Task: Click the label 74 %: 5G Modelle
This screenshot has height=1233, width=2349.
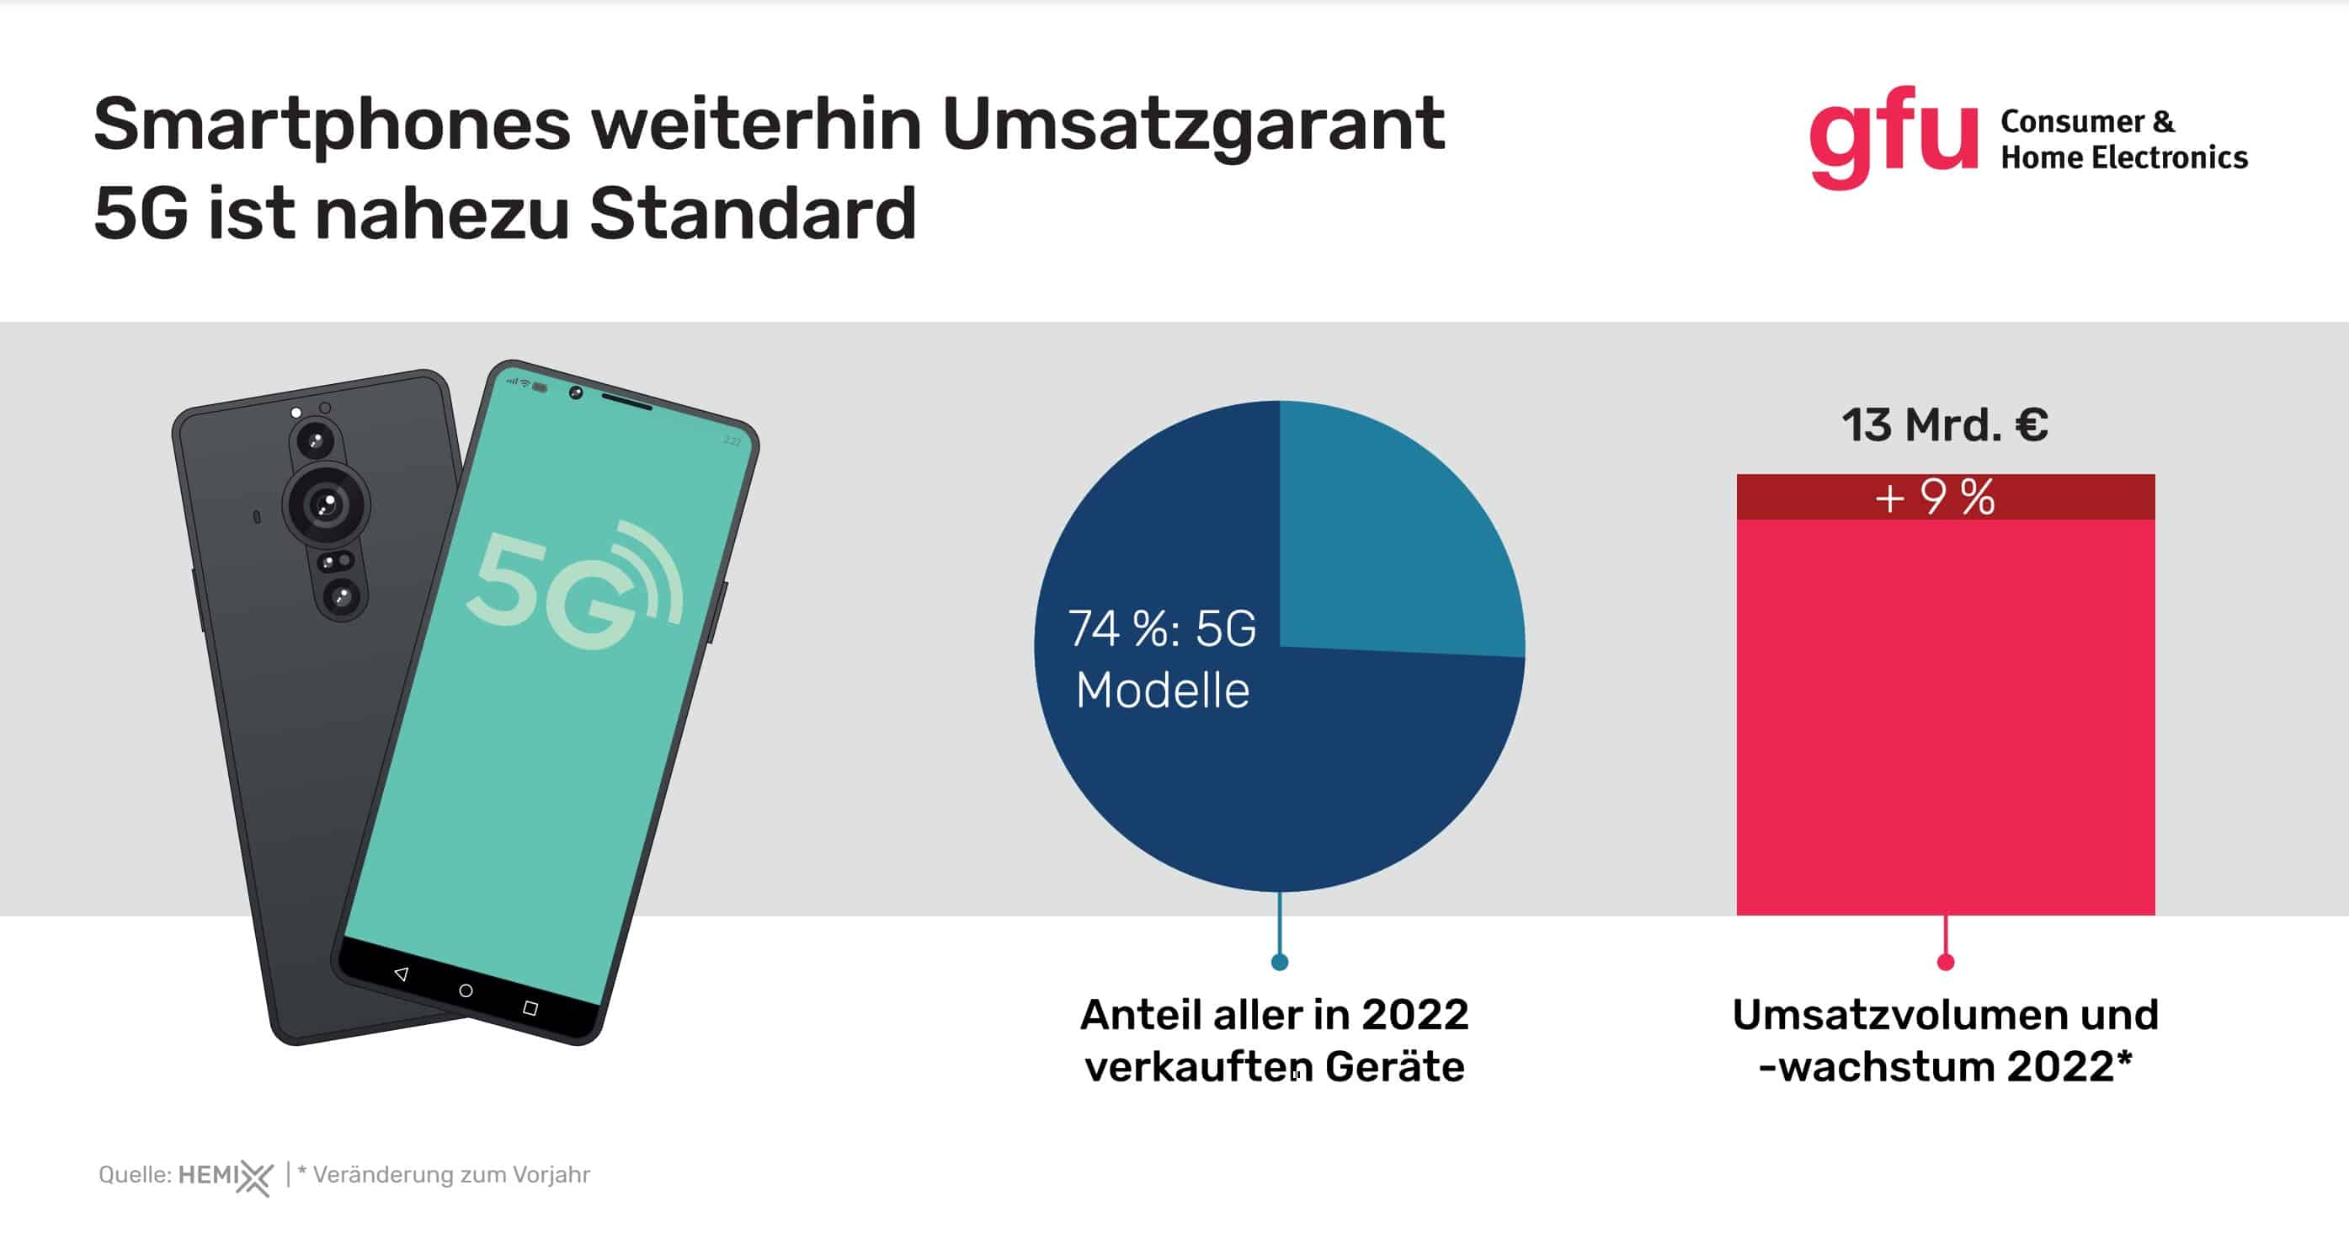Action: pos(1162,659)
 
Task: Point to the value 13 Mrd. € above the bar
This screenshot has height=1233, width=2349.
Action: pos(1944,426)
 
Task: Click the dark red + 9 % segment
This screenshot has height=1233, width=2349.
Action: pos(1944,498)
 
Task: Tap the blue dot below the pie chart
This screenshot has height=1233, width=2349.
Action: pos(1280,962)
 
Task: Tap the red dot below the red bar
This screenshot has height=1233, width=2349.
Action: pos(1945,962)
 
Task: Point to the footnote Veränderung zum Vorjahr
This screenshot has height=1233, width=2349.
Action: pos(451,1175)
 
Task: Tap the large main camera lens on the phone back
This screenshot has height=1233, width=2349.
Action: pos(326,504)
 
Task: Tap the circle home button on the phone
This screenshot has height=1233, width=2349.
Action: pos(466,990)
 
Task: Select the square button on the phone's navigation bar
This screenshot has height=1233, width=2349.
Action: pos(530,1008)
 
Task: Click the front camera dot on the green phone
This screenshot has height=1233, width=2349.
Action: pos(575,392)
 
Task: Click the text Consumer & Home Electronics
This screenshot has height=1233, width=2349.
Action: pos(2123,140)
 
